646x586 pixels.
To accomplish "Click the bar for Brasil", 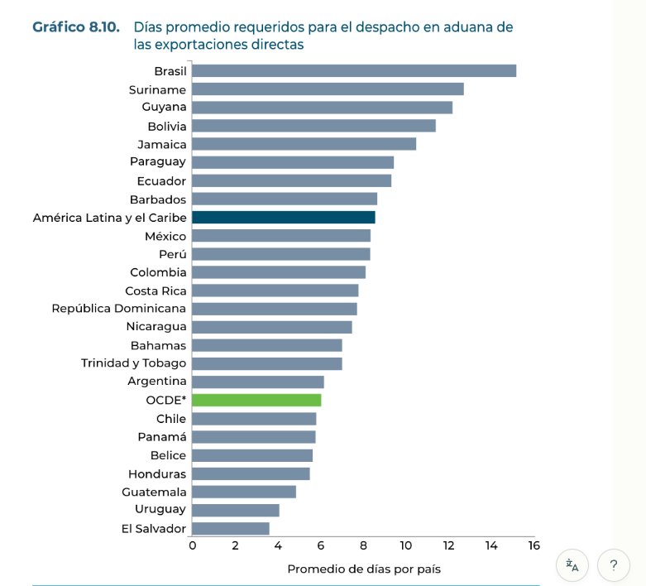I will pos(354,71).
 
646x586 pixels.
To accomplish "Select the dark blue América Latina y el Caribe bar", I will pos(283,217).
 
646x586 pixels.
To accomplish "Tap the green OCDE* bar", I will pos(256,401).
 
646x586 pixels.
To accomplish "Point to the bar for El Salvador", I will pos(231,528).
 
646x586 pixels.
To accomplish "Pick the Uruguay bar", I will pos(236,510).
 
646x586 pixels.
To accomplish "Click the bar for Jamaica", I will pos(304,144).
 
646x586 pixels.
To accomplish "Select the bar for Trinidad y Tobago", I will pos(266,363).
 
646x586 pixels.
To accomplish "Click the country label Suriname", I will pos(157,89).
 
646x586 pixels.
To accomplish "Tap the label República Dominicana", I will pos(119,309).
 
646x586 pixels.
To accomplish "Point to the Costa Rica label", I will pos(156,291).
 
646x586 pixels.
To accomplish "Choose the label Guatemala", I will pos(154,492).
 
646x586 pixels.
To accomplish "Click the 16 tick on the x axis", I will pos(534,545).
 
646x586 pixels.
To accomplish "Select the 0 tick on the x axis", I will pos(193,545).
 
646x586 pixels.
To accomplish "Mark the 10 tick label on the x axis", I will pos(405,545).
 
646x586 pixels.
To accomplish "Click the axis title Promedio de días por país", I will pos(364,569).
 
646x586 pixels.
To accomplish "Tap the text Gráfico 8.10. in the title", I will pos(76,27).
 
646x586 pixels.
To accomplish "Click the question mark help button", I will pos(613,565).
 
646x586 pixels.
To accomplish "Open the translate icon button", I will pos(572,565).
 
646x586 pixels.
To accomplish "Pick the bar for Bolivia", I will pos(313,126).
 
